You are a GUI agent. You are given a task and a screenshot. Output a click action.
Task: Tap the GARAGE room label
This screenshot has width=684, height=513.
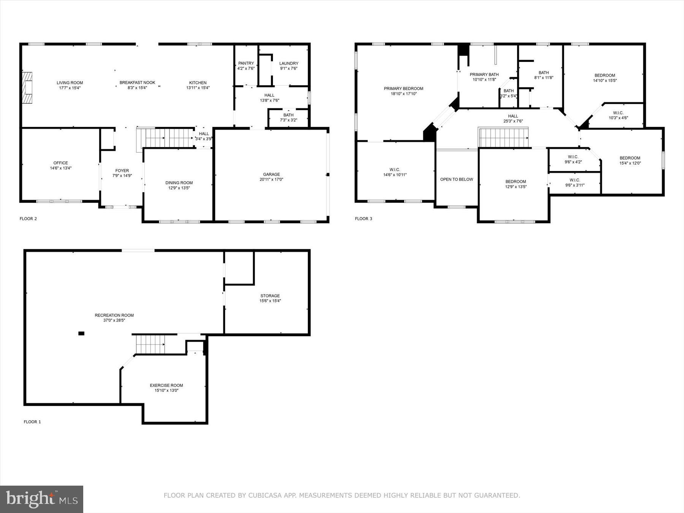[271, 174]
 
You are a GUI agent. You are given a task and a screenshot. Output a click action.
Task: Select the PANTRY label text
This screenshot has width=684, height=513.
[246, 63]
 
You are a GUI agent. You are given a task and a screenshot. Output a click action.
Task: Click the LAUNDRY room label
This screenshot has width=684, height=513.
[289, 63]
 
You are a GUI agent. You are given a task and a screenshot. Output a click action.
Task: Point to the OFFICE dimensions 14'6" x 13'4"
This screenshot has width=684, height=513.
[61, 168]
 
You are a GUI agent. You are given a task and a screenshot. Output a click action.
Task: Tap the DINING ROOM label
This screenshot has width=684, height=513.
[179, 183]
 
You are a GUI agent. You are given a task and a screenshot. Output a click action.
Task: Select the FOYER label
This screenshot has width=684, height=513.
[122, 171]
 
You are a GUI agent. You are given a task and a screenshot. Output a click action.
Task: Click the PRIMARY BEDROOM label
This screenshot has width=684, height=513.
[404, 89]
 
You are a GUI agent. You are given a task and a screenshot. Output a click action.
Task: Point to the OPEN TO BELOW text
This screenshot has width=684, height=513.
[457, 179]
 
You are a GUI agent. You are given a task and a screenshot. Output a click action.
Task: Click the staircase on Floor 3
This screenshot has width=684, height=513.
[504, 138]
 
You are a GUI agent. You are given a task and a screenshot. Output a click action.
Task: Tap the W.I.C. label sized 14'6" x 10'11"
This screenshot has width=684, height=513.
[395, 170]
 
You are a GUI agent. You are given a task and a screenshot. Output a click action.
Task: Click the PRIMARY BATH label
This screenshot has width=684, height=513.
[484, 74]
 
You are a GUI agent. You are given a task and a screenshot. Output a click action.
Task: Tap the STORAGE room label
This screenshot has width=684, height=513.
[270, 296]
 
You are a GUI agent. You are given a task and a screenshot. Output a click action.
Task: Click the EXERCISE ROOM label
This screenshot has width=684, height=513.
[166, 385]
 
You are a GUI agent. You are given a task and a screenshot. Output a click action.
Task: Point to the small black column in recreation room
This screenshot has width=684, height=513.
[81, 334]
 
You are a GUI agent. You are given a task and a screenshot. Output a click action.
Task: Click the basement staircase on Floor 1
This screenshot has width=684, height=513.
[150, 344]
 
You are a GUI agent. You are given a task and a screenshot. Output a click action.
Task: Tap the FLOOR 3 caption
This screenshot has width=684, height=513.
[364, 218]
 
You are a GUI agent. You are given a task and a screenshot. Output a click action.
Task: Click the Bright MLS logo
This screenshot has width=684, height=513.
[41, 499]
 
